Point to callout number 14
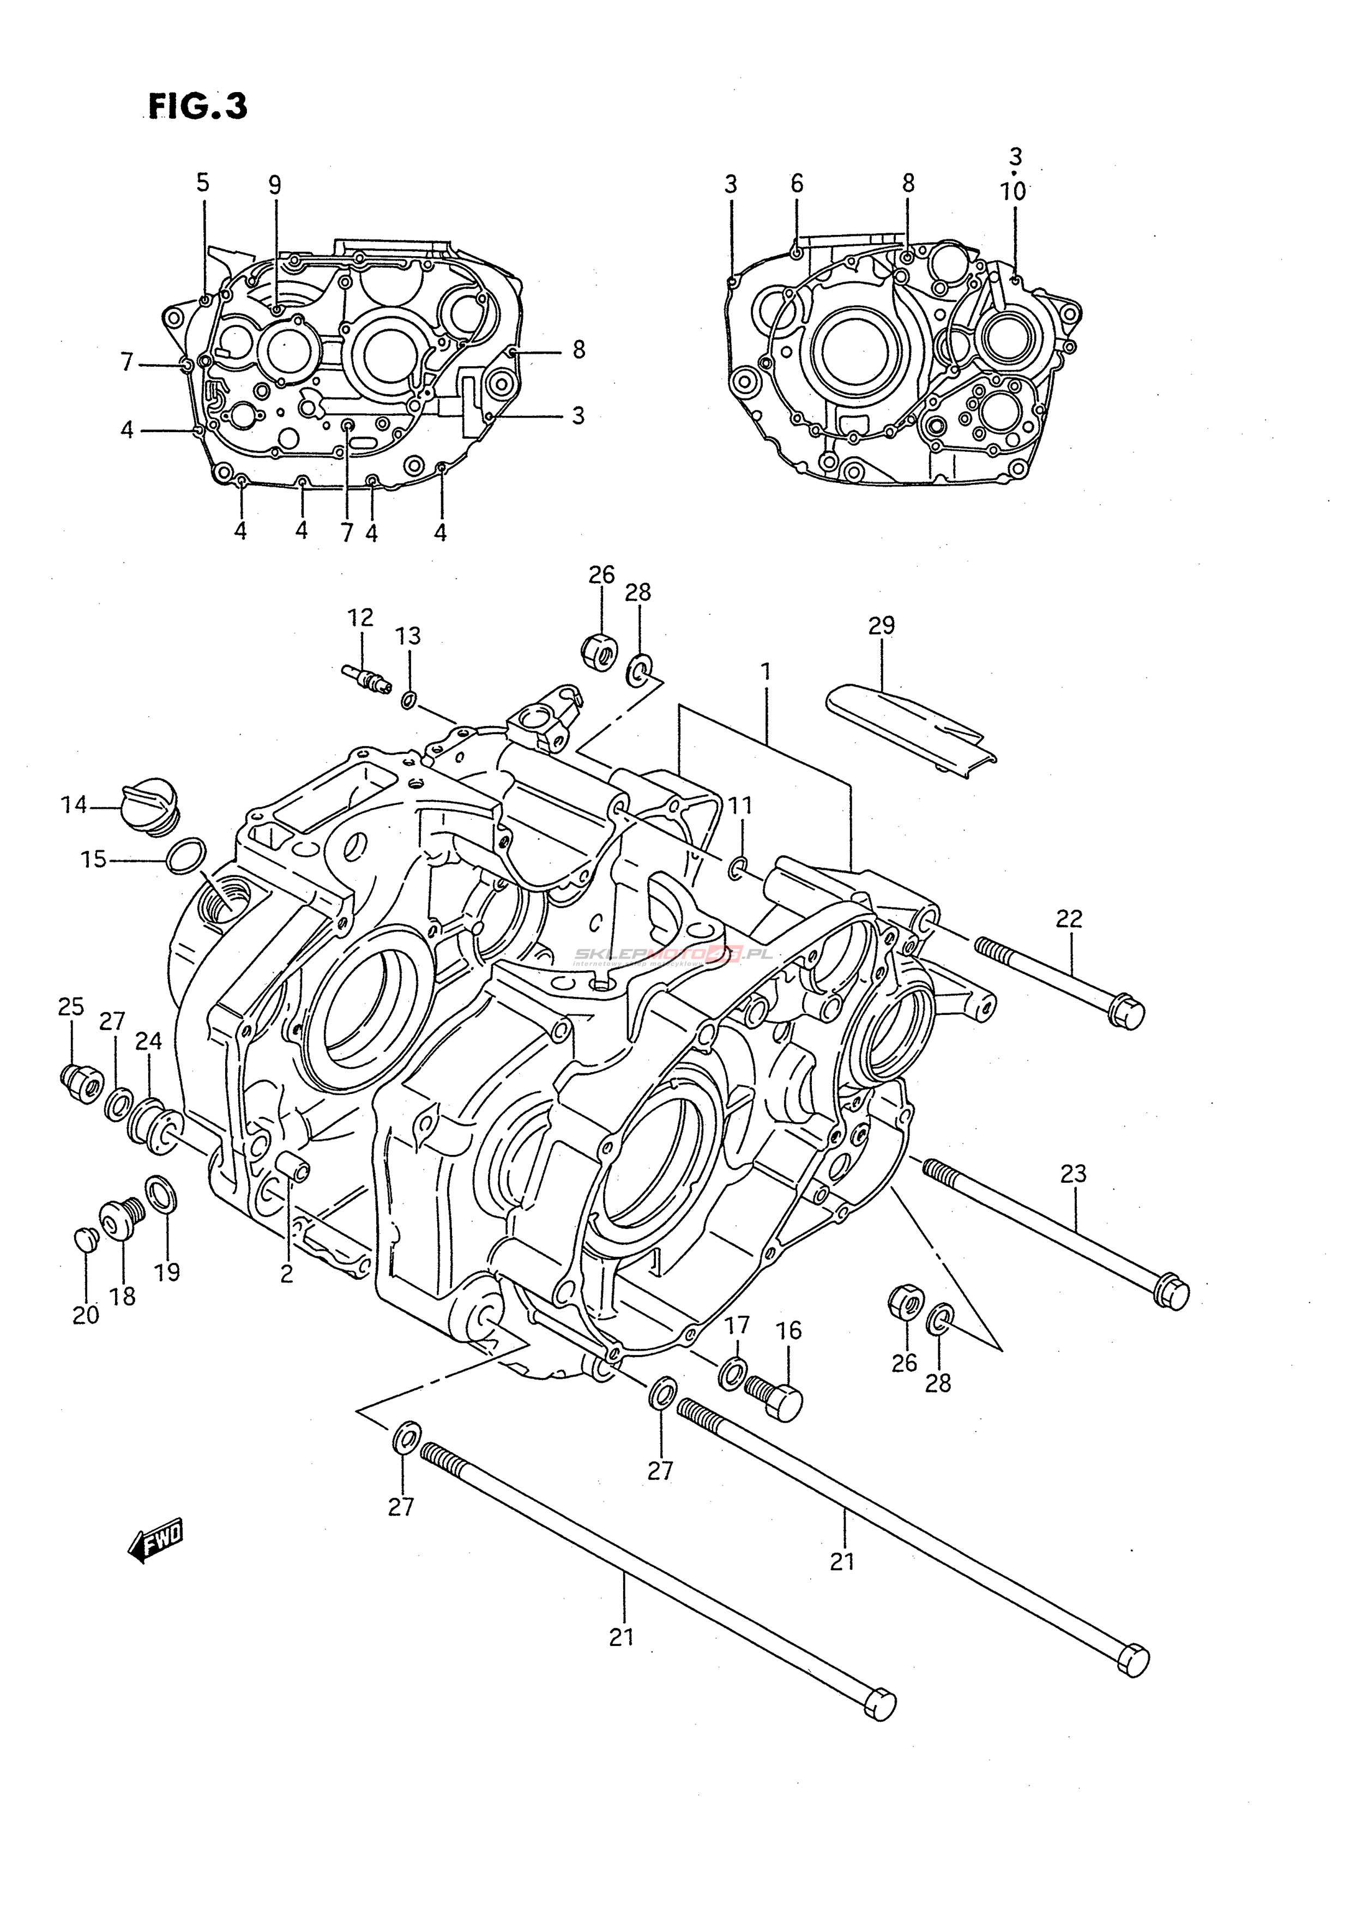tap(73, 804)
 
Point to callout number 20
tap(85, 1315)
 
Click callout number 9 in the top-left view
tap(275, 185)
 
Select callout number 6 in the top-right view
tap(797, 184)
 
